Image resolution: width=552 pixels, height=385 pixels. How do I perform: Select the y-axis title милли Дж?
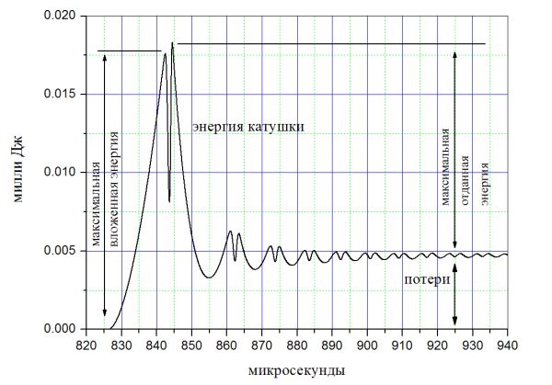click(17, 173)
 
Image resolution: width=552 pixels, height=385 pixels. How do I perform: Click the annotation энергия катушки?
click(247, 127)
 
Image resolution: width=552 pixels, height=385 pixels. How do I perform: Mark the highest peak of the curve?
click(172, 43)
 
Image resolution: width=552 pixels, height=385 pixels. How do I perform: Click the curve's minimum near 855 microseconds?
click(210, 277)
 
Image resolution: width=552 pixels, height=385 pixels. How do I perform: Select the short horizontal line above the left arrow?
click(129, 51)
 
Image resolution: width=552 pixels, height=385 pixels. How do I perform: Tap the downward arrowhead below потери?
click(454, 321)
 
